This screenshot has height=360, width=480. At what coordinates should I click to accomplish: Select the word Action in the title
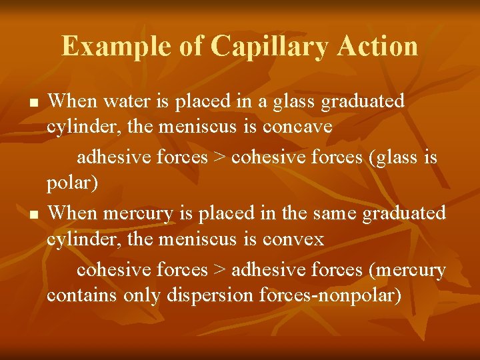tap(377, 46)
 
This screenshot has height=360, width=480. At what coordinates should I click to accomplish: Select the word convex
tap(293, 239)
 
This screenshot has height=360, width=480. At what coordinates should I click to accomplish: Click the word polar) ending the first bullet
tap(73, 183)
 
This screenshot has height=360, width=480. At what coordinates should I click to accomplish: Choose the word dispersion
tap(213, 295)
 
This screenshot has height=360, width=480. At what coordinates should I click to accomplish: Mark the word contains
tap(82, 295)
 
